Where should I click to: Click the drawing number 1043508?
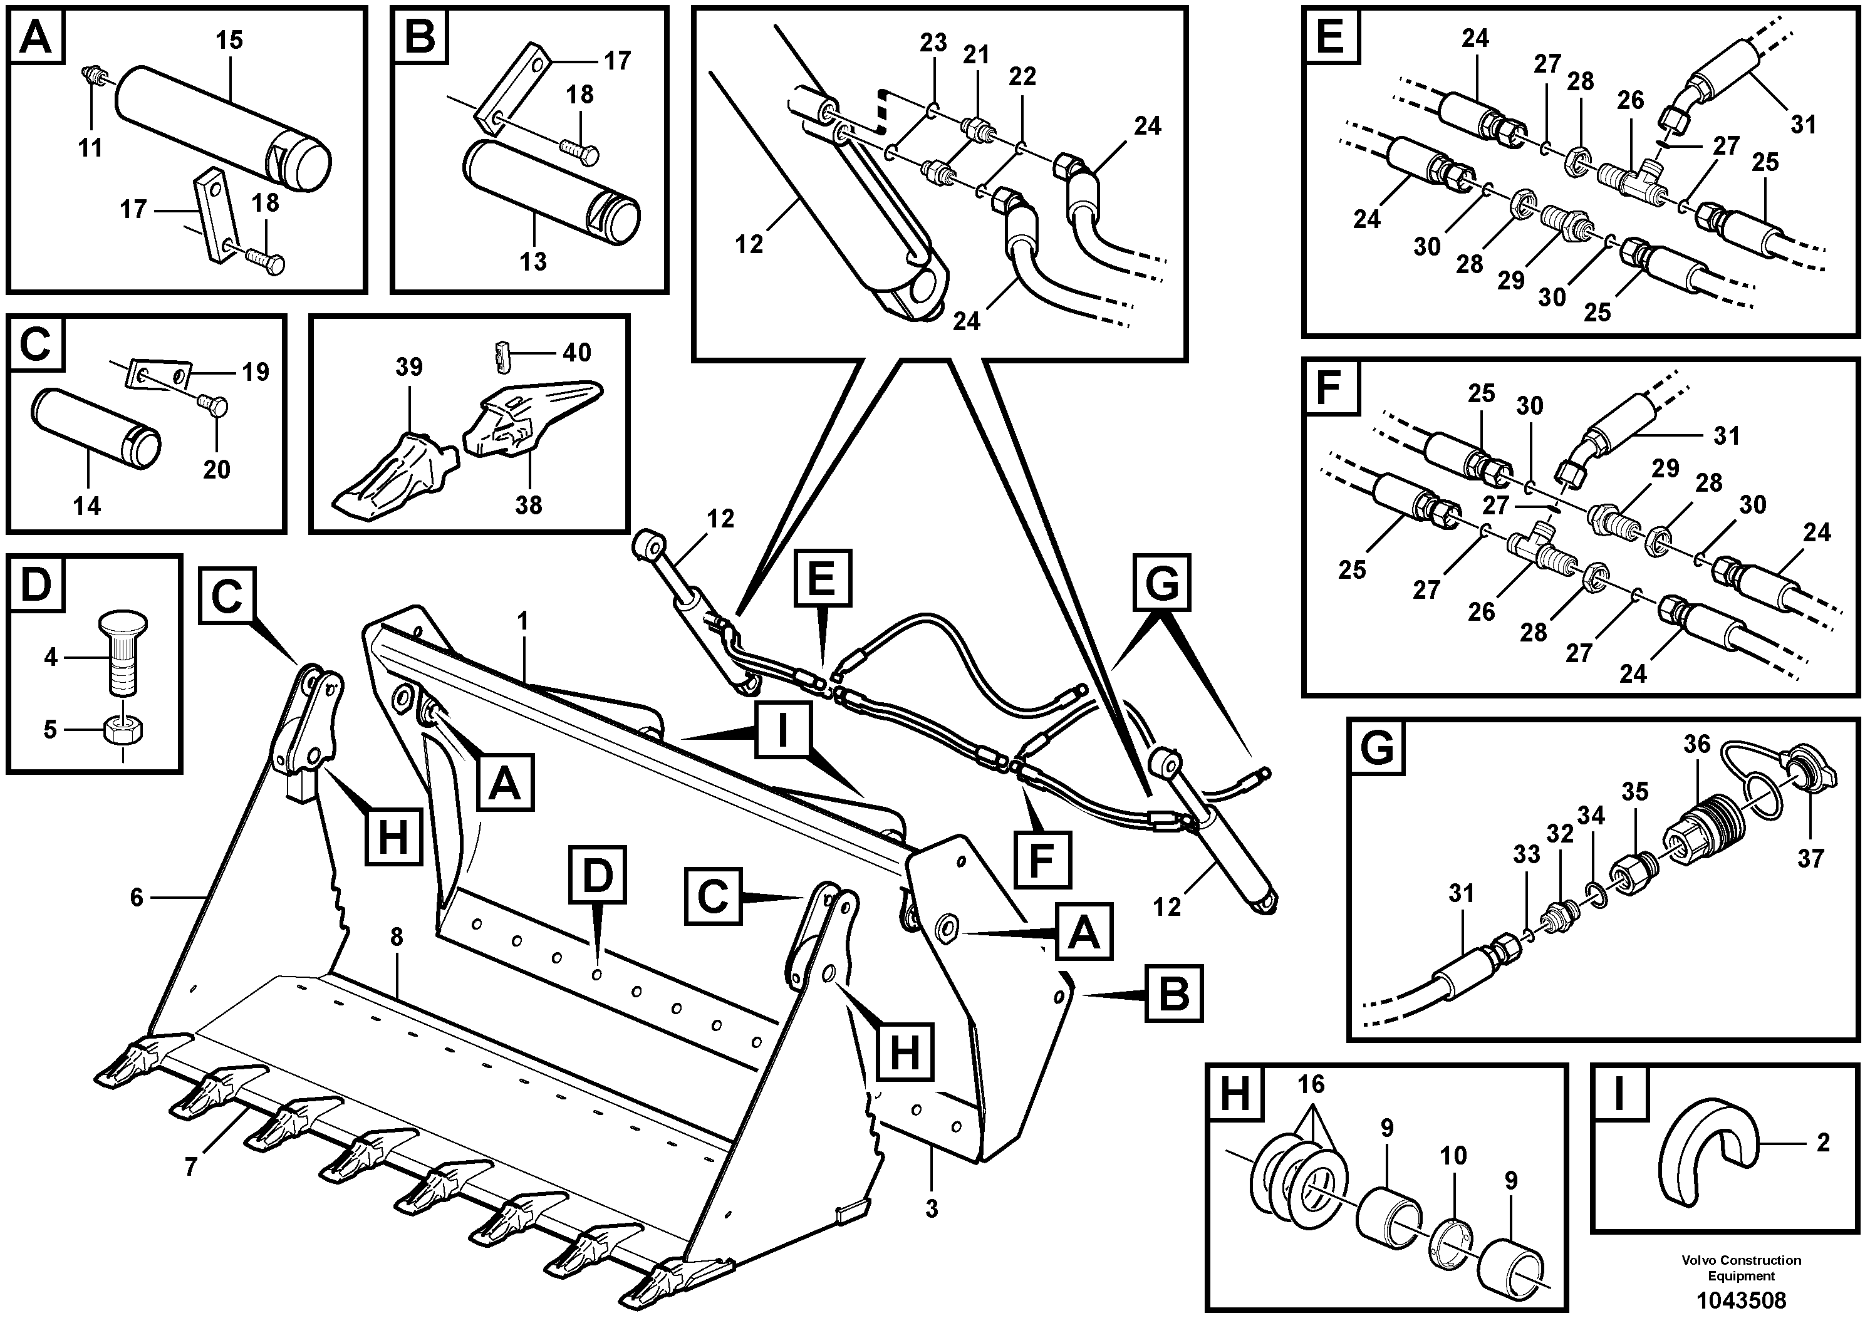(1741, 1299)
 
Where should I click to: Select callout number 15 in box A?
(229, 41)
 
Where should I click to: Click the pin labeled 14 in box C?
(96, 427)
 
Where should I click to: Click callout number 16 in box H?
(1310, 1084)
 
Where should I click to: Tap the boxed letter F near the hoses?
(1042, 860)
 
